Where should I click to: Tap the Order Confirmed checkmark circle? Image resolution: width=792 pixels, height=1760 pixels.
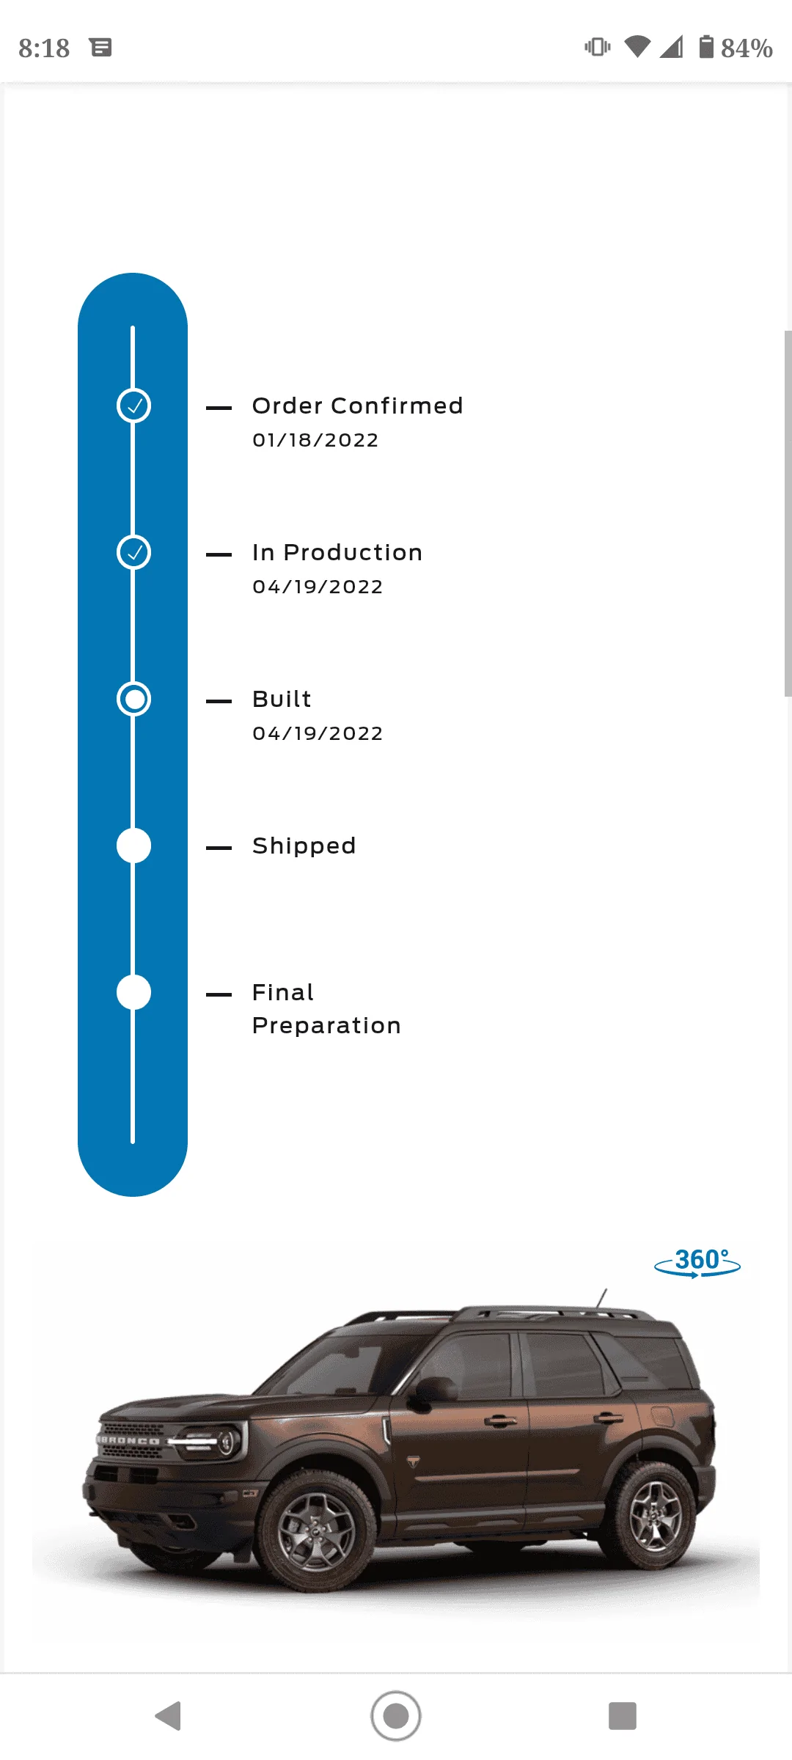pos(133,406)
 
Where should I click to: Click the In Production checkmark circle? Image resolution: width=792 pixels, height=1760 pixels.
pos(133,552)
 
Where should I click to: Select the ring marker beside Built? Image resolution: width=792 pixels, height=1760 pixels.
pos(133,699)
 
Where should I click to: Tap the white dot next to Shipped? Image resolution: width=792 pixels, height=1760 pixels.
pos(133,846)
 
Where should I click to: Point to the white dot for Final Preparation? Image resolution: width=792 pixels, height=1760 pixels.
pos(133,992)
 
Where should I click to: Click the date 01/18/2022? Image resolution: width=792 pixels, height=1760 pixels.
pos(315,440)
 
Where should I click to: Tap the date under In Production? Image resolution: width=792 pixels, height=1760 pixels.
pos(318,587)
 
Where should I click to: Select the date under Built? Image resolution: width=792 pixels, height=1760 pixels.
pos(318,733)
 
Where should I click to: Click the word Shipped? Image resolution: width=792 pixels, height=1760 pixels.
pos(304,846)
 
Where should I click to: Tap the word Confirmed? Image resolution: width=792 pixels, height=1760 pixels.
pos(397,406)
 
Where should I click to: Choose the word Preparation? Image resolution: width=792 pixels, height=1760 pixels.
pos(326,1025)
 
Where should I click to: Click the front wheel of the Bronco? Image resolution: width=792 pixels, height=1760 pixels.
pos(315,1533)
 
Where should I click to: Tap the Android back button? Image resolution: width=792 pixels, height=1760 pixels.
pos(169,1716)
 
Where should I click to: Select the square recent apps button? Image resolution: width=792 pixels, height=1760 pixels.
pos(623,1716)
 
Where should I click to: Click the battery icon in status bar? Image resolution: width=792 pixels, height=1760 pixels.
pos(706,47)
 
